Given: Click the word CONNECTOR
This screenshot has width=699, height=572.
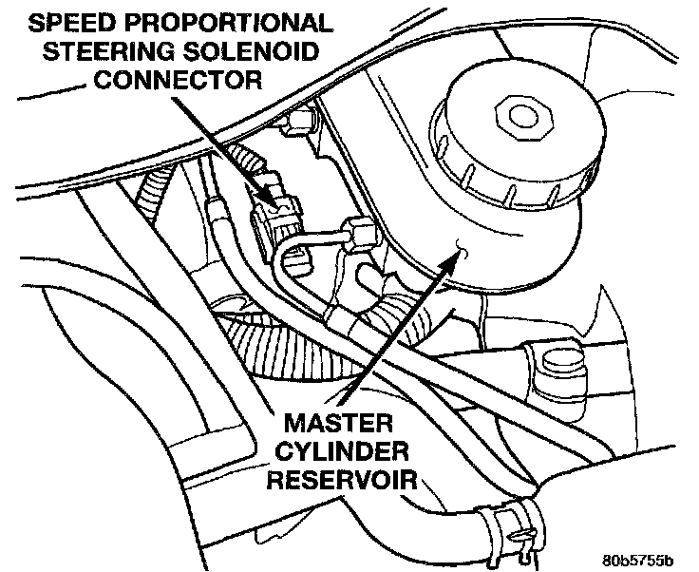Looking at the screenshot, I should tap(178, 78).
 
